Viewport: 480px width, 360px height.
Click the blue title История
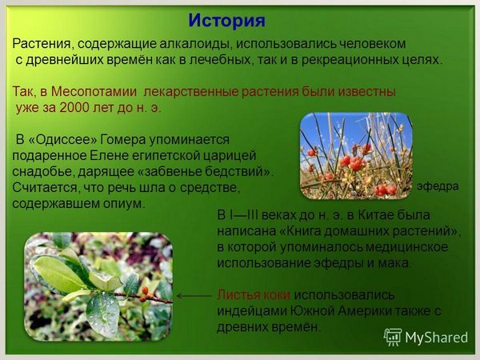(x=226, y=21)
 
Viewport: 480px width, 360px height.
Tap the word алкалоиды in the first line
(x=195, y=44)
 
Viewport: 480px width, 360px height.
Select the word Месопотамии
(x=94, y=91)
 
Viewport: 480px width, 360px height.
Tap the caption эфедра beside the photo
(x=438, y=186)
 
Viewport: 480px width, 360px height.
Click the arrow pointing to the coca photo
(x=194, y=296)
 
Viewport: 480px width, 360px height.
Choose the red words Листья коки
(x=254, y=294)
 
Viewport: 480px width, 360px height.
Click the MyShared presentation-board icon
(x=393, y=337)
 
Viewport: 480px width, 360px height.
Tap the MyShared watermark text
(x=437, y=338)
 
